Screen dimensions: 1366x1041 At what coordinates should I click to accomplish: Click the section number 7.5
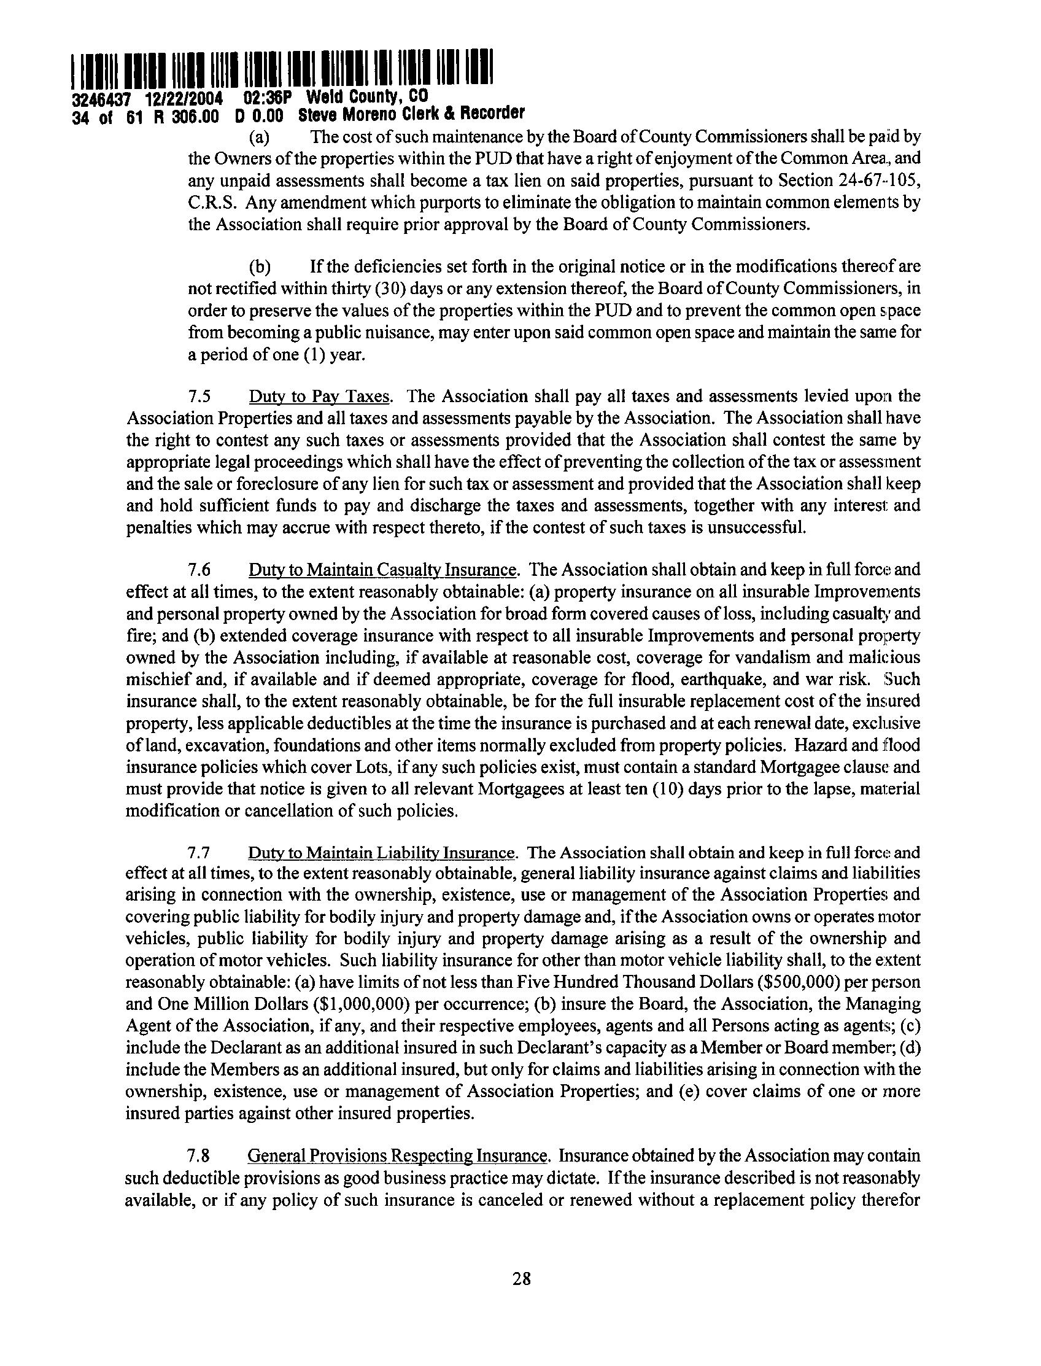199,397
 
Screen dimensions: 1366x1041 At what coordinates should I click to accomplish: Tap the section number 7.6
199,570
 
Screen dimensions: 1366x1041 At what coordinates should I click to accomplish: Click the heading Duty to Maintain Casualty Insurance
382,570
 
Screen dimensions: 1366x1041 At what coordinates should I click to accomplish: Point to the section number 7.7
199,853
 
